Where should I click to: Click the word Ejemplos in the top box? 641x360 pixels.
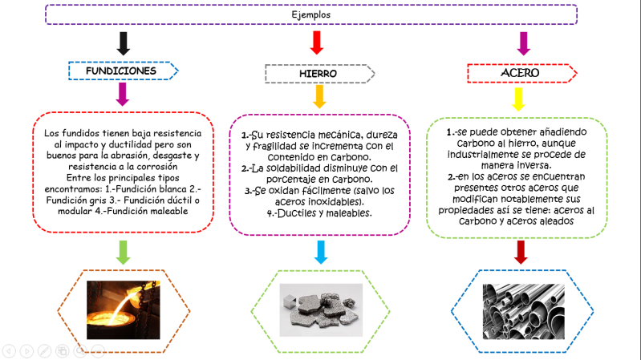pos(310,14)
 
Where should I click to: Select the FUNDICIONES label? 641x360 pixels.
pos(121,71)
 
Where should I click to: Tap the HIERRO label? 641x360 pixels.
pos(318,74)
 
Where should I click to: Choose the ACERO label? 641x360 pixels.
pos(519,73)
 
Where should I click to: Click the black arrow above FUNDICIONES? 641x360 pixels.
pos(123,42)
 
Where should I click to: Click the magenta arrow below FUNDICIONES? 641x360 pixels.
pos(123,95)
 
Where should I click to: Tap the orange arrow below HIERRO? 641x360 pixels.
pos(318,96)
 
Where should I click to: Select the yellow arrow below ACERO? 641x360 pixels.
pos(518,99)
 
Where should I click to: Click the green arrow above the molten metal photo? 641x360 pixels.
pos(124,251)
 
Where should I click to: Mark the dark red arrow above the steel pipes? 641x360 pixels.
pos(521,252)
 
